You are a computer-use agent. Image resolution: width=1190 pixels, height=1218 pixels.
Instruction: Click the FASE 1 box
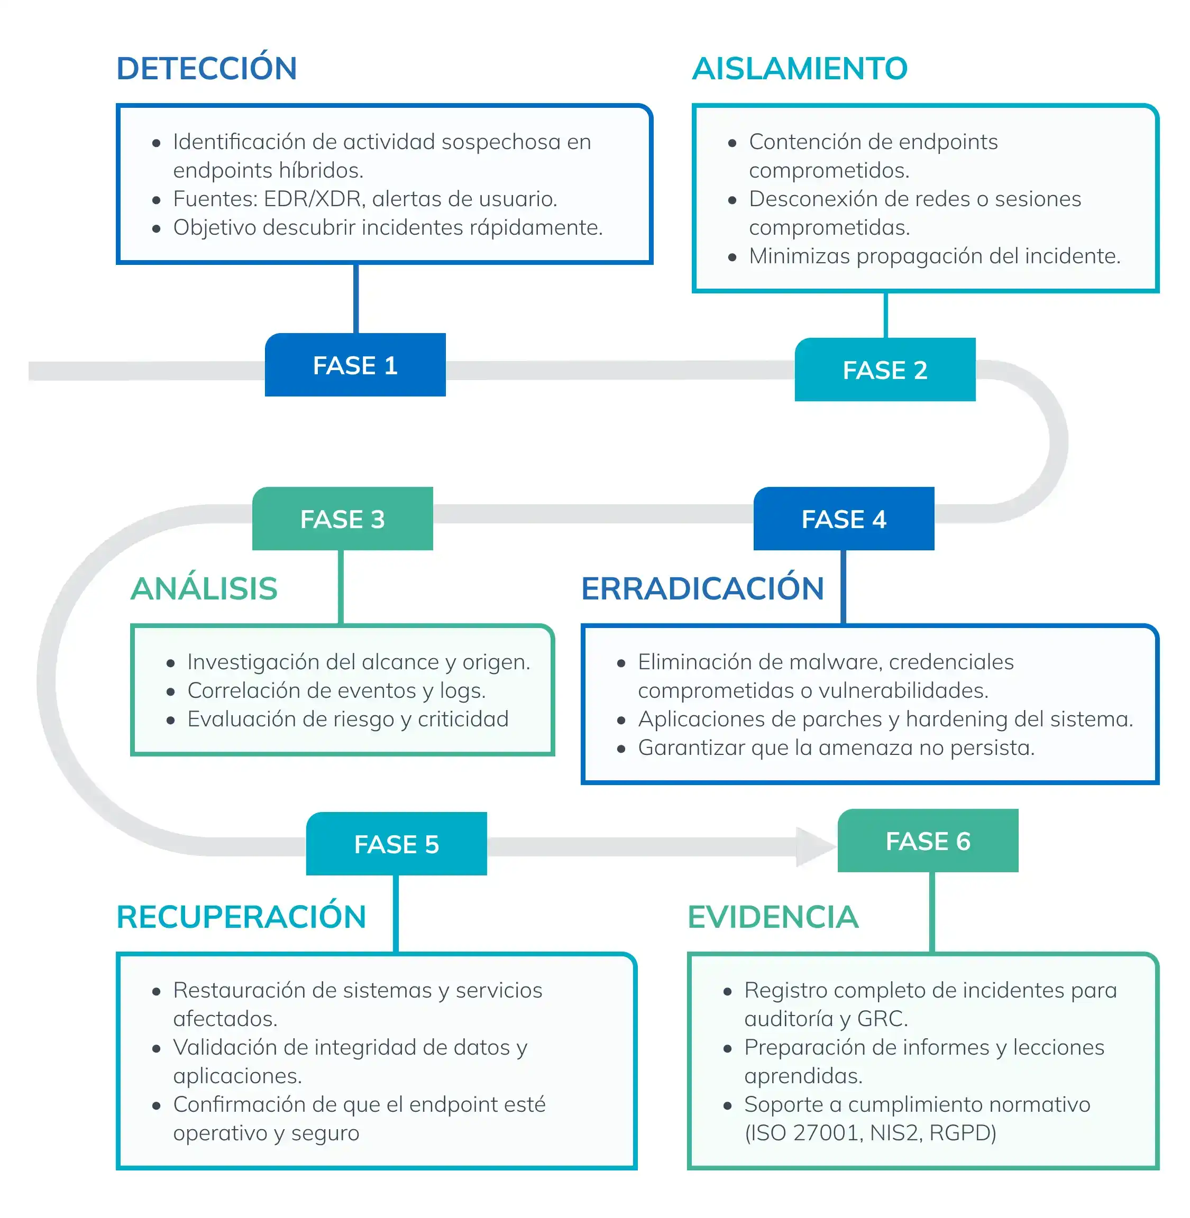(x=355, y=365)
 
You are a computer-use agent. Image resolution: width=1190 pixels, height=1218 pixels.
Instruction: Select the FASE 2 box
(x=884, y=370)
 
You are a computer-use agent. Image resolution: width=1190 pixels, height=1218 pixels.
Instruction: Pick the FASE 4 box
(x=843, y=519)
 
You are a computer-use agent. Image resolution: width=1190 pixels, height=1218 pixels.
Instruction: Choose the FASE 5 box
(x=396, y=844)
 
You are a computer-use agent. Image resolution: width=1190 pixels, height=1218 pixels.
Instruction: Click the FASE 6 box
(x=928, y=841)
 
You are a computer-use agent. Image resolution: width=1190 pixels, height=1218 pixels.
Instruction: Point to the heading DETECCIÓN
(x=206, y=69)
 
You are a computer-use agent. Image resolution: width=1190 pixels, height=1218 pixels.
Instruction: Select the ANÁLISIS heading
(x=204, y=588)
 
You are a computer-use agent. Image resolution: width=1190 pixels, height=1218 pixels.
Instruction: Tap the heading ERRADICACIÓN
(x=702, y=588)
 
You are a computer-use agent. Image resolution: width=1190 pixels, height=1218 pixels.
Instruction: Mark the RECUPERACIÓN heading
(x=241, y=916)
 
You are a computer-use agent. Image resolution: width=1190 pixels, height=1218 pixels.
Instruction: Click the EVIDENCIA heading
(x=773, y=916)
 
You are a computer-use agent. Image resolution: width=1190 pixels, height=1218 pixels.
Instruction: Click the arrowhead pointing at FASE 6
(x=814, y=846)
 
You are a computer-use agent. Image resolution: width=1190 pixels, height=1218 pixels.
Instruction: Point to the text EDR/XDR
(x=313, y=199)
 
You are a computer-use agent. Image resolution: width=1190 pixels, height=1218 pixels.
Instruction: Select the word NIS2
(x=895, y=1132)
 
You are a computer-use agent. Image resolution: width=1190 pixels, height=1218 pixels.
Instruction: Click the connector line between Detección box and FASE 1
(x=355, y=299)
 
